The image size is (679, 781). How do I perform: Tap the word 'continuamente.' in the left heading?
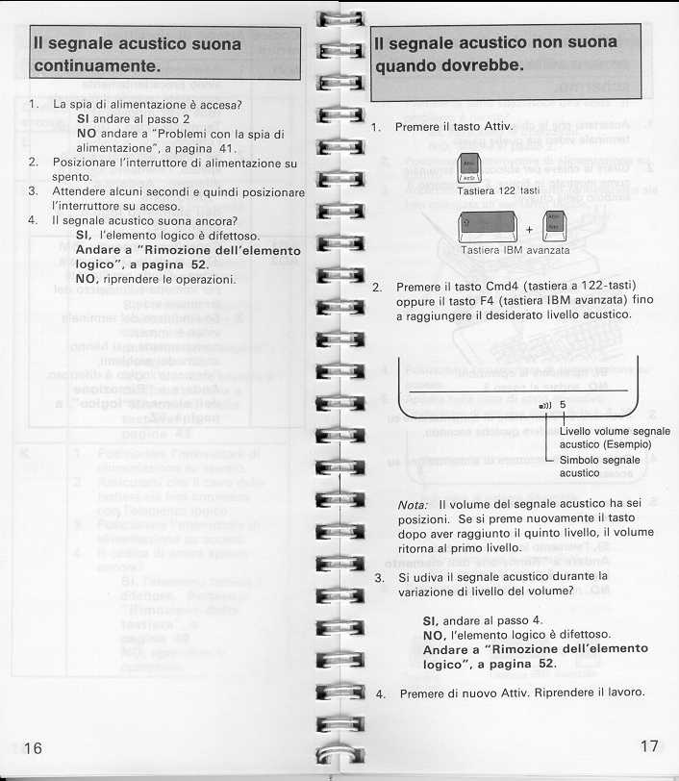[96, 66]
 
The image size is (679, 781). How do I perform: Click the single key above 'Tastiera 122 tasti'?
[469, 167]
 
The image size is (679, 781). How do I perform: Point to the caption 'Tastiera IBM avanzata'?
[516, 250]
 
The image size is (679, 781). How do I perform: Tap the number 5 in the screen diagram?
[563, 404]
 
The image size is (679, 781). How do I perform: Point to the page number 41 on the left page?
[227, 148]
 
